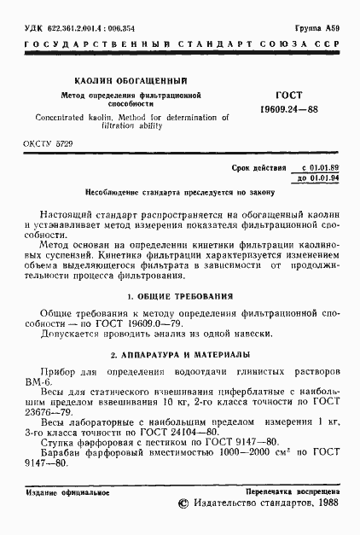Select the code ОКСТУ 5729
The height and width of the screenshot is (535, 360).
[x=48, y=146]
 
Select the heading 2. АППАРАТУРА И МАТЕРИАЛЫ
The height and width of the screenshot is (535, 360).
[x=180, y=352]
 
